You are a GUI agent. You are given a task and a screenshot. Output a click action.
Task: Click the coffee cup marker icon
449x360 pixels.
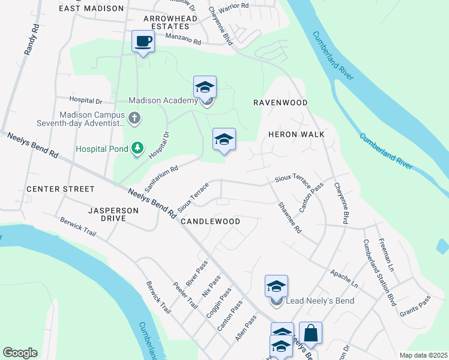(x=143, y=41)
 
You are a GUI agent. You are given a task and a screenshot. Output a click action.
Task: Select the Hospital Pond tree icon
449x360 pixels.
(x=137, y=148)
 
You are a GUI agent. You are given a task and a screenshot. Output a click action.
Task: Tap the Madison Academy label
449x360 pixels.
(x=164, y=101)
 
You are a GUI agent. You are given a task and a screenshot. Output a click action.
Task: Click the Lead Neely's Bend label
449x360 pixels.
(x=321, y=301)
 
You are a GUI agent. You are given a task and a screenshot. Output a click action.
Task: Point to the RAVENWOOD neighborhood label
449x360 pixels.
(x=280, y=103)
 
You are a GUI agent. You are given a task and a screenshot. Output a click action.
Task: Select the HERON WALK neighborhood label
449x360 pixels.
(x=296, y=134)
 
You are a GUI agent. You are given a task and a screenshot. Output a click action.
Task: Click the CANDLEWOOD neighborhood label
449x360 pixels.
(x=211, y=221)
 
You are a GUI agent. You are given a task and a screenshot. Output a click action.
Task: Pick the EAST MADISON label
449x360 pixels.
(x=91, y=8)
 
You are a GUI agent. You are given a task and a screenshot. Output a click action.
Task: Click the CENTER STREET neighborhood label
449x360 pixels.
(x=61, y=189)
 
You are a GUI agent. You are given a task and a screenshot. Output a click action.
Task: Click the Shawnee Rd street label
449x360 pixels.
(x=289, y=217)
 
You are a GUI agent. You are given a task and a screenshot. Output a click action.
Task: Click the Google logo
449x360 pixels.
(x=20, y=352)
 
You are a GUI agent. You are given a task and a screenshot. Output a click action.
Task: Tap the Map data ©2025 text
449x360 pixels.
(x=422, y=355)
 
